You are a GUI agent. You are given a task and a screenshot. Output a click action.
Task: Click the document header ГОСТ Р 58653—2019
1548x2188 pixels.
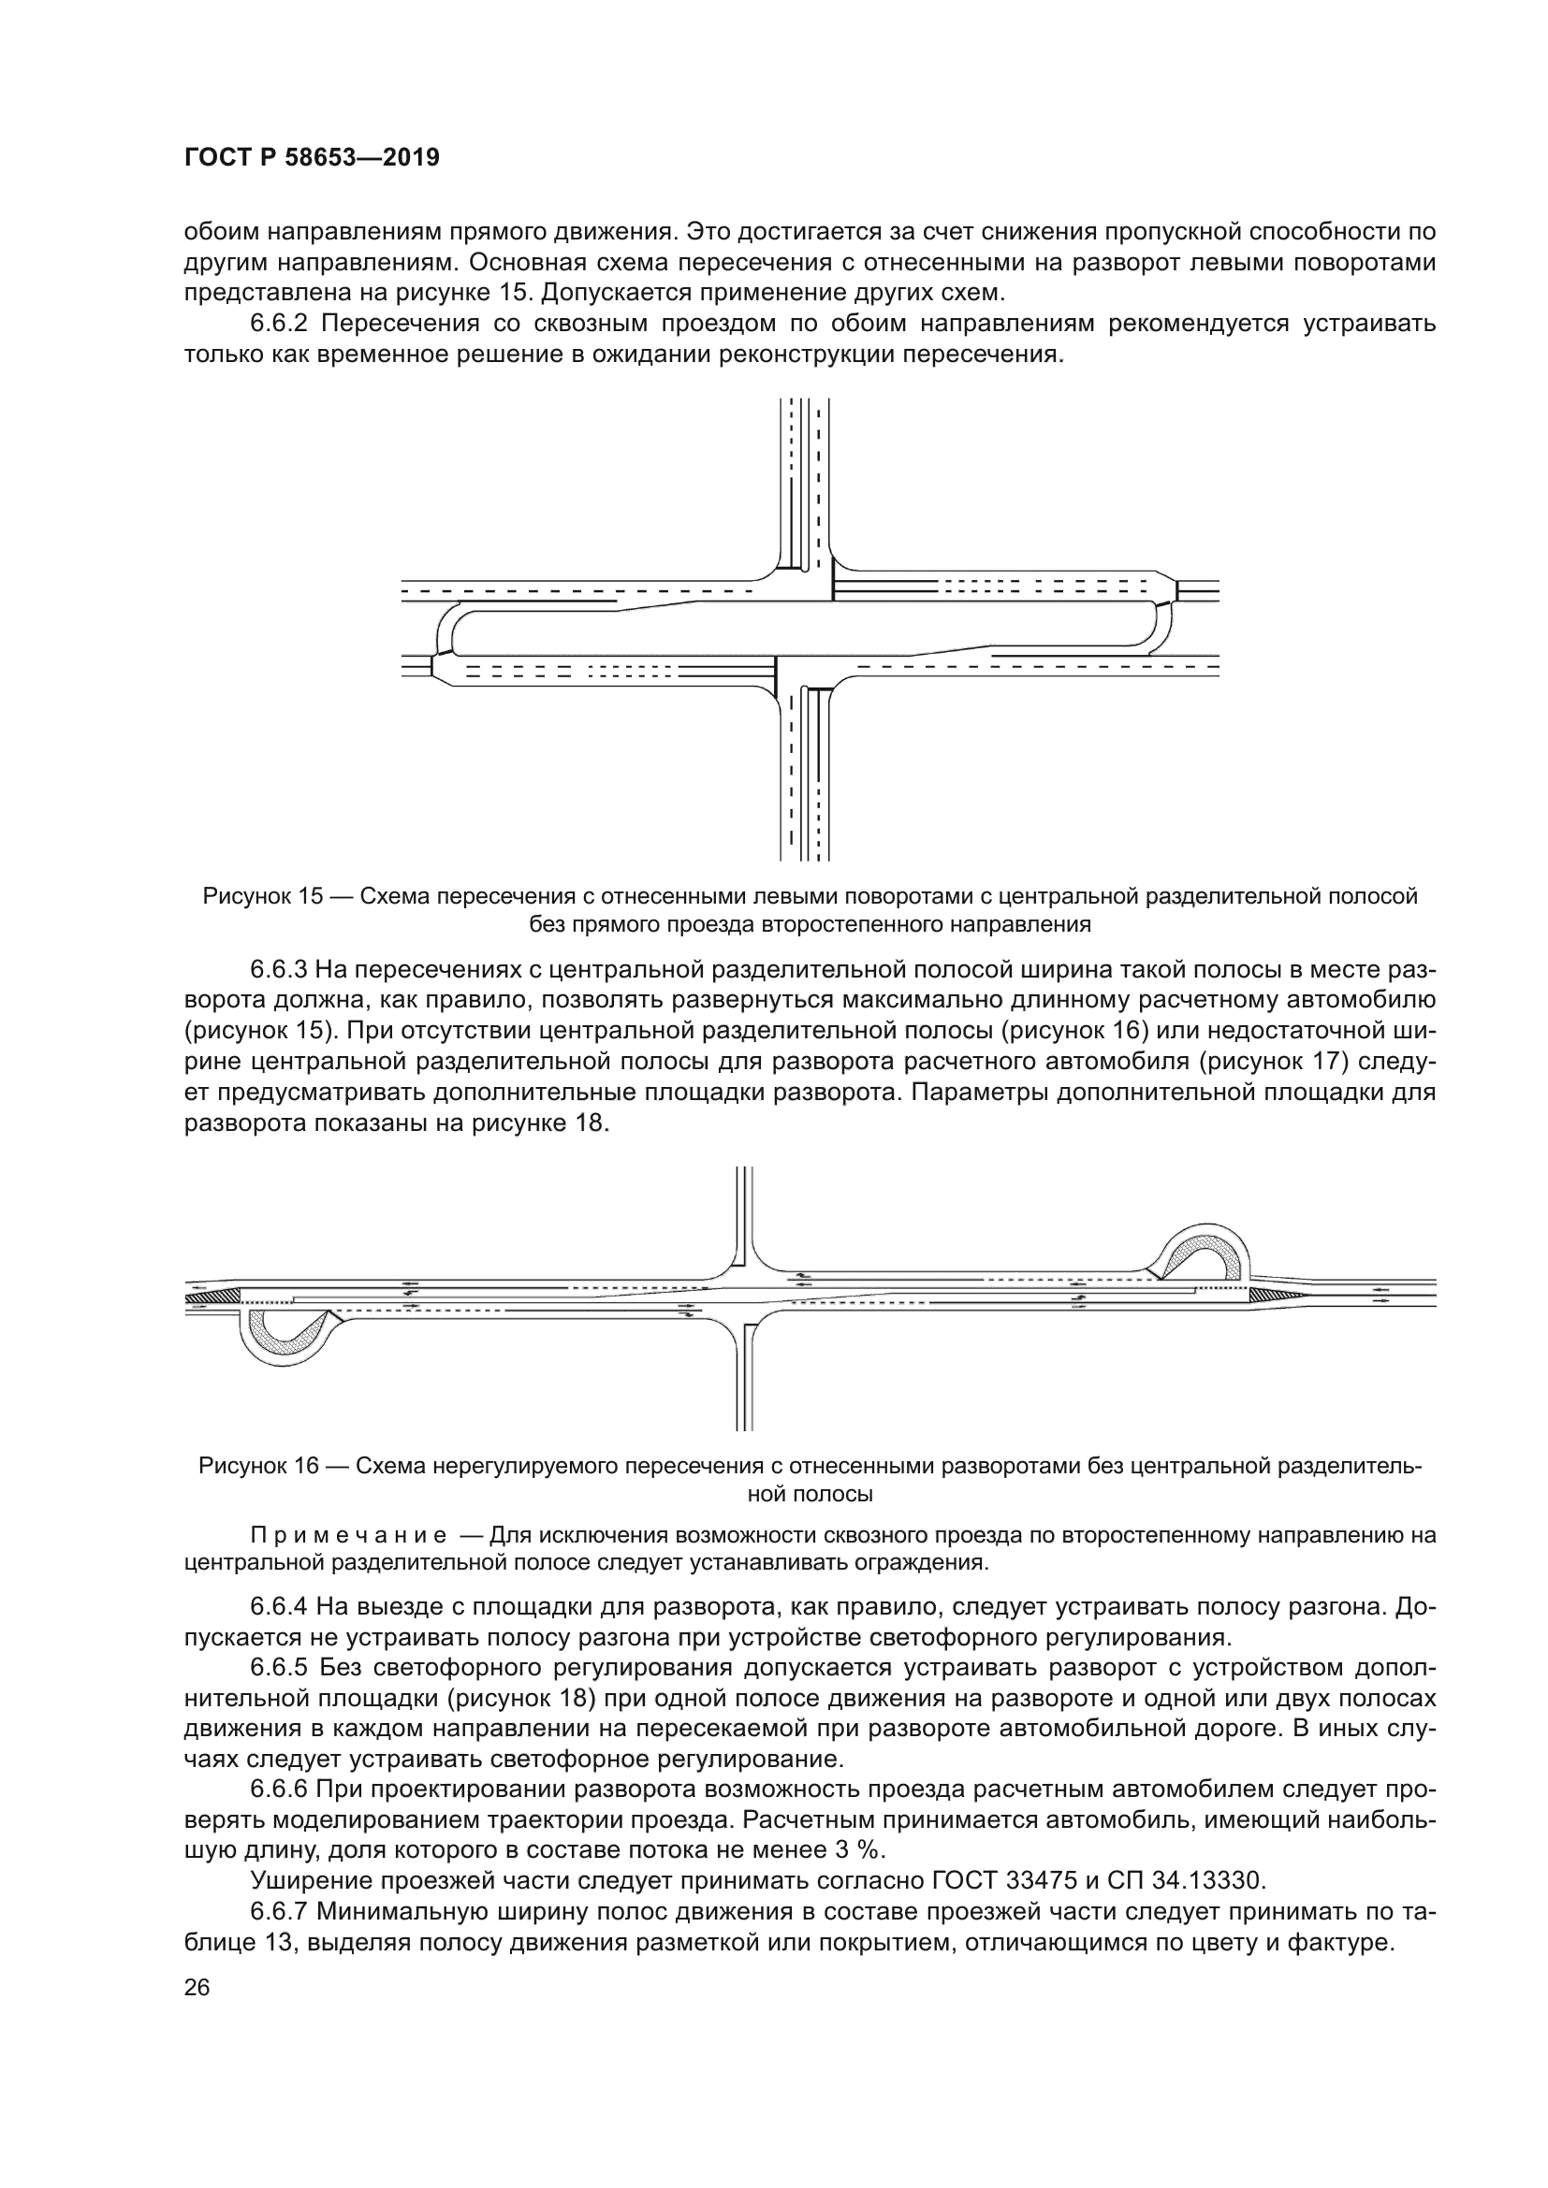click(x=312, y=158)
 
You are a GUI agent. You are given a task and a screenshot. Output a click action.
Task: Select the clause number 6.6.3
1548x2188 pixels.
click(x=279, y=970)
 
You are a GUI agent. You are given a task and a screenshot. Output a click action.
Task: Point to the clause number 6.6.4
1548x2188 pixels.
click(x=279, y=1607)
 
